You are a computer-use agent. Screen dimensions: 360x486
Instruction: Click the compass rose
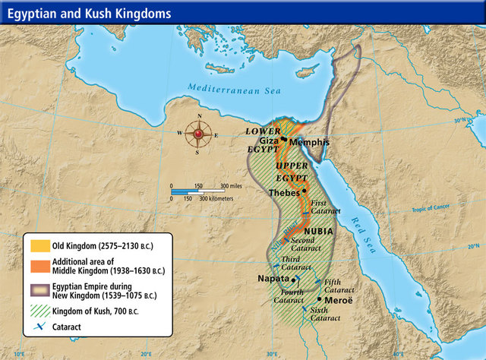coord(199,134)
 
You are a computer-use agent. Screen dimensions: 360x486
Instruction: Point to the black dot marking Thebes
coord(305,191)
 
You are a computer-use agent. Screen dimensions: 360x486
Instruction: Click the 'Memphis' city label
coord(309,142)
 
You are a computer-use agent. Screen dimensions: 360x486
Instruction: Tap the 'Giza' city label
coord(270,141)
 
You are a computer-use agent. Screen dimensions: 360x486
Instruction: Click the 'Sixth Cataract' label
coord(325,313)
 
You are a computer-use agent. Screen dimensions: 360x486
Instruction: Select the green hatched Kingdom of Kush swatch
coord(37,311)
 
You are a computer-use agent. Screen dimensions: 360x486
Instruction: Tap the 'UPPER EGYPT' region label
coord(292,171)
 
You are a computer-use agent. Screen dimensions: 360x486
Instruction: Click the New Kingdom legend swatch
coord(37,289)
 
